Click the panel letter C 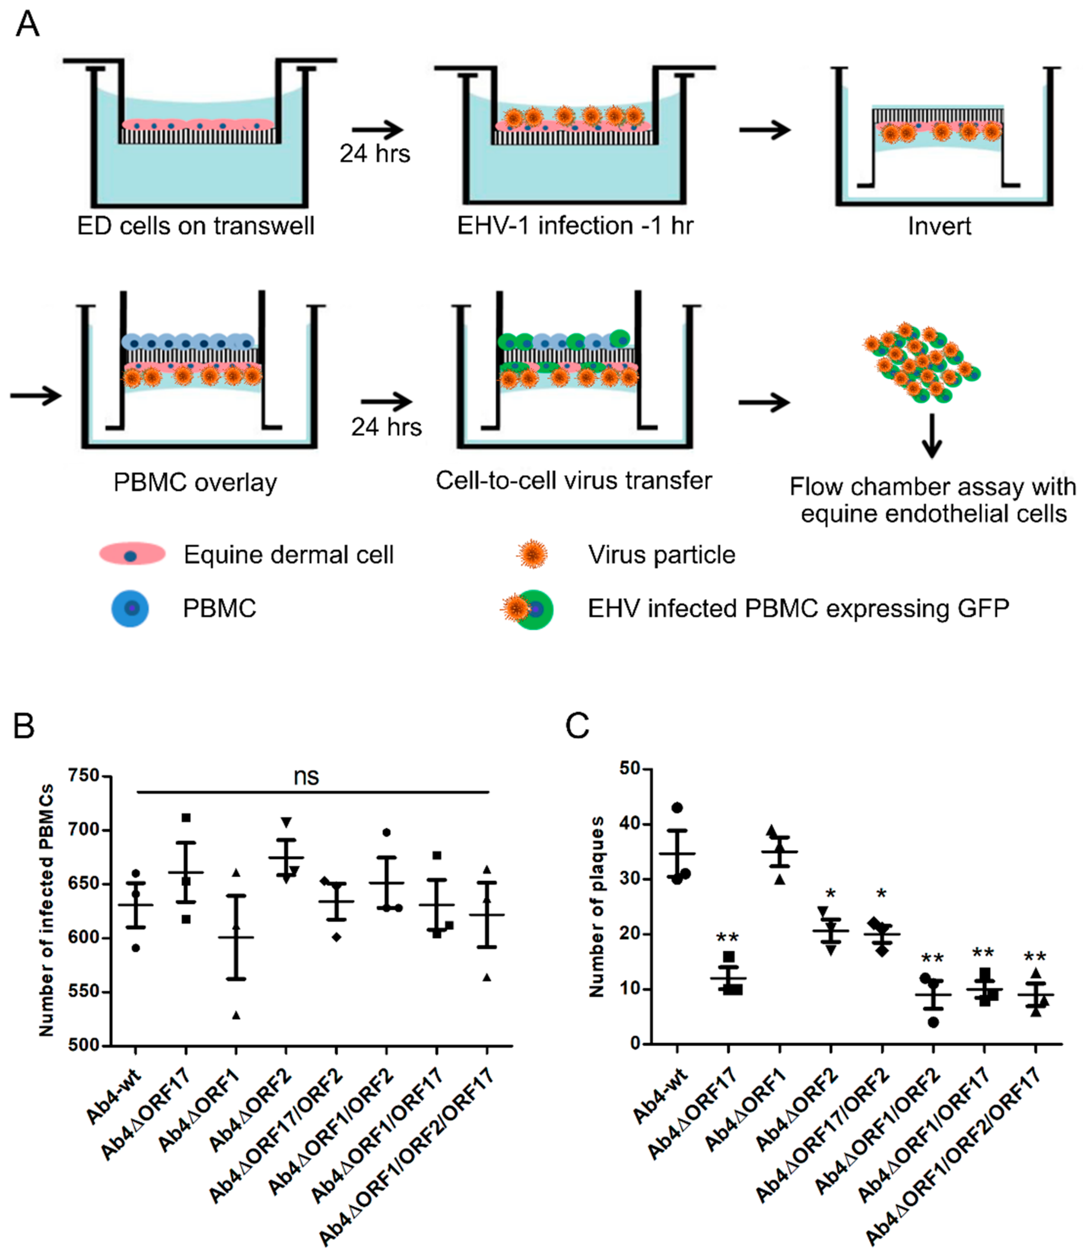tap(577, 725)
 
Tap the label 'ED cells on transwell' tap(196, 226)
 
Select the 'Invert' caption tap(939, 226)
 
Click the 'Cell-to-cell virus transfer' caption tap(573, 480)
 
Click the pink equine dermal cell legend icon tap(132, 554)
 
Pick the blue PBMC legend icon tap(130, 608)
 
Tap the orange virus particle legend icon tap(532, 554)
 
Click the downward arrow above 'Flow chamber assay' tap(931, 436)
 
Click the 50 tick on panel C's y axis tap(631, 768)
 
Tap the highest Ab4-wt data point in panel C tap(677, 807)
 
